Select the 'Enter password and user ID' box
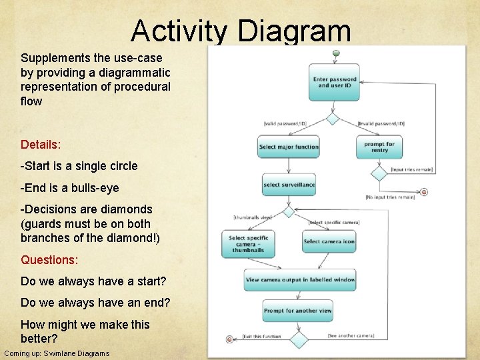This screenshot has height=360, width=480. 334,82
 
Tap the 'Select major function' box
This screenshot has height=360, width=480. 289,147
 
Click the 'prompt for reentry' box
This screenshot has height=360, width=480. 379,147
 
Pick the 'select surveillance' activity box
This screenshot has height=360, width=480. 289,185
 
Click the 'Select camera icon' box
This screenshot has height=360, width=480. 329,241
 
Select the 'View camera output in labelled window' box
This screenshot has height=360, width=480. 299,279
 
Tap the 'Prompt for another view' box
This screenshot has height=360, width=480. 297,311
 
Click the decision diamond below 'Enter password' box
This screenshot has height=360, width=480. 333,119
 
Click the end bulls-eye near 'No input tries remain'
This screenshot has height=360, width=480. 423,192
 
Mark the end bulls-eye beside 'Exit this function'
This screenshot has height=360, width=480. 230,339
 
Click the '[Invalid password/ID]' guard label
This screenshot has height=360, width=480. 381,123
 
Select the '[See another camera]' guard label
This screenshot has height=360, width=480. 351,335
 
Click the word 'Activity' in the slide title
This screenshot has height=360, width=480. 179,31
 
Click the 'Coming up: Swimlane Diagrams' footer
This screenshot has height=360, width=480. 57,353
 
